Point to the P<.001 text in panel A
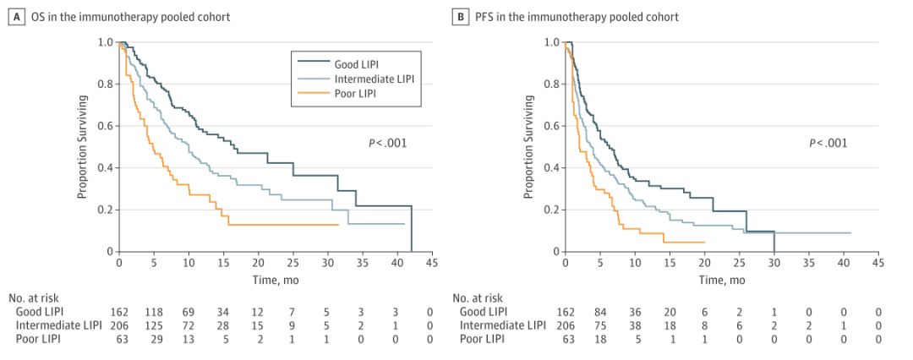(387, 143)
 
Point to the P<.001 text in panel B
(828, 143)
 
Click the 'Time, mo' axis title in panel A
(275, 279)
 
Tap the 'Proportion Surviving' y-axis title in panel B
(530, 146)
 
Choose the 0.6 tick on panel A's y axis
(105, 126)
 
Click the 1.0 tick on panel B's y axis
(552, 42)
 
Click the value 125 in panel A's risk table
(154, 326)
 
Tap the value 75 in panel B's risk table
(601, 326)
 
